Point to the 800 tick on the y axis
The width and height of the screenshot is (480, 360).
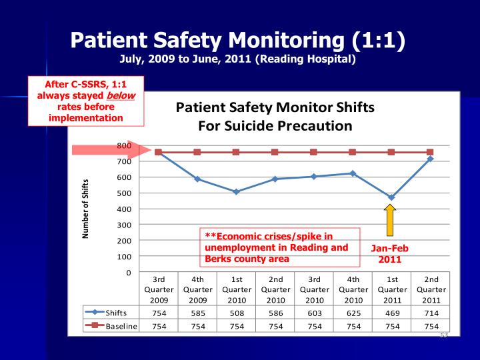[123, 145]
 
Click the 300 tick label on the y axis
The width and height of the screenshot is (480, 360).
[123, 225]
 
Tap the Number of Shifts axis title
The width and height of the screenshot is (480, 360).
[86, 209]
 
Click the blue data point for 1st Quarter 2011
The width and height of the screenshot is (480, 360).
[391, 197]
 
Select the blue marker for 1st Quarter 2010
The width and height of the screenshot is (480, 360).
[236, 191]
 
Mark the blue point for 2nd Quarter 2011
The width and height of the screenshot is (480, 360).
[429, 159]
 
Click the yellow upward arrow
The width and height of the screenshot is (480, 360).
[391, 217]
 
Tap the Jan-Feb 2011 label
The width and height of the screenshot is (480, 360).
[390, 253]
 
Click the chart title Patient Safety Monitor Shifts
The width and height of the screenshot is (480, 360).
[274, 108]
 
